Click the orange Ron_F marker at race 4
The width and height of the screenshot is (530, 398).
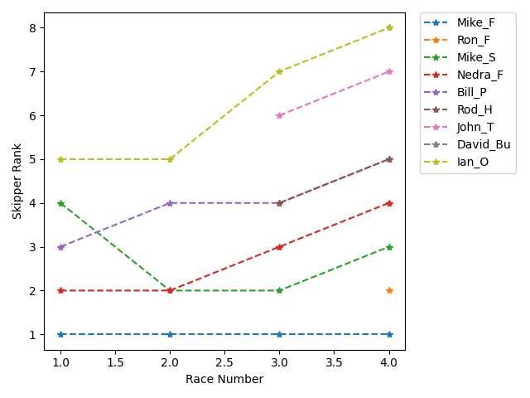pos(388,291)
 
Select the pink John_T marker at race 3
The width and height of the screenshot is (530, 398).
pos(279,115)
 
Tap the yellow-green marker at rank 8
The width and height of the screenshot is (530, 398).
pos(388,27)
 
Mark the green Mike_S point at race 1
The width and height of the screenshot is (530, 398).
pos(60,203)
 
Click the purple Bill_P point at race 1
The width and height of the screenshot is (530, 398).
pos(60,247)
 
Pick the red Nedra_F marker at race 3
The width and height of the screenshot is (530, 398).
pos(279,247)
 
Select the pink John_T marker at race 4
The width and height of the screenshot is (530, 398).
pos(388,71)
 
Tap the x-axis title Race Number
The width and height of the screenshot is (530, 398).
pos(224,380)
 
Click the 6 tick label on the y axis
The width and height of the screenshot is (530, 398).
pos(34,115)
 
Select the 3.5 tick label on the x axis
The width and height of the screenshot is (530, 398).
pos(334,362)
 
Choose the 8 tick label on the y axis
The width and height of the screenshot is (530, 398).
pos(34,27)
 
